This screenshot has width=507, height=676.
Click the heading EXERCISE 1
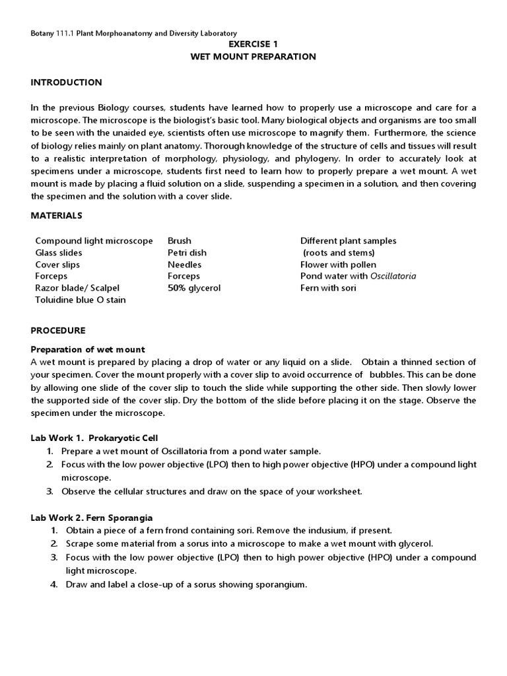253,44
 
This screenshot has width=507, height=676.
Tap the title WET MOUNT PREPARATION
253,57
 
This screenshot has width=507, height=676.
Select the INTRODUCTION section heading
67,83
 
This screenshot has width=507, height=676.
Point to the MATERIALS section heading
57,215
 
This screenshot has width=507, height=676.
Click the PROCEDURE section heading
58,330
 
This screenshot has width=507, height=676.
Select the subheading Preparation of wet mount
88,349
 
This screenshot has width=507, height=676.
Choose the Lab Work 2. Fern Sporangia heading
92,518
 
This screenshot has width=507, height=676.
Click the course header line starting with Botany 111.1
134,33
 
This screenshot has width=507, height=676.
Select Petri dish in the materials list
187,253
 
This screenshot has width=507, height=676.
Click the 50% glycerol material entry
194,288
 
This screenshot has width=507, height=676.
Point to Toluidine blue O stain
80,300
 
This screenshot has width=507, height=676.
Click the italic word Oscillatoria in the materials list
393,277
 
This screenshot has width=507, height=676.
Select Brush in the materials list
179,241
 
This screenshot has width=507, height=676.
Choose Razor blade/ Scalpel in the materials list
77,288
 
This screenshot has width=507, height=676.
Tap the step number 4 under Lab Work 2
54,585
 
